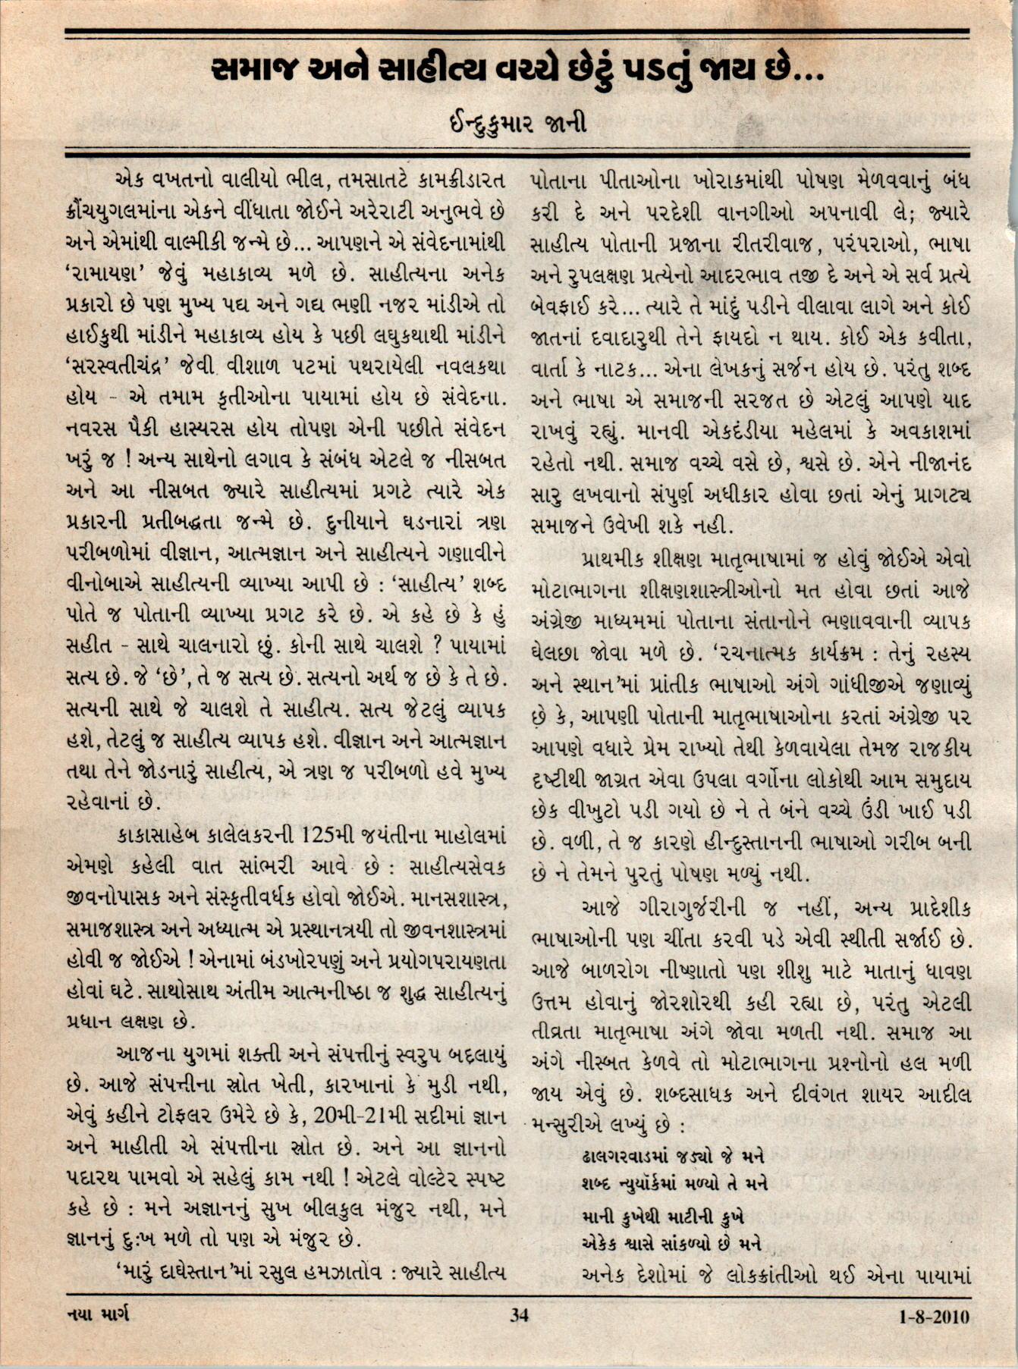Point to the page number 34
click(519, 1315)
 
